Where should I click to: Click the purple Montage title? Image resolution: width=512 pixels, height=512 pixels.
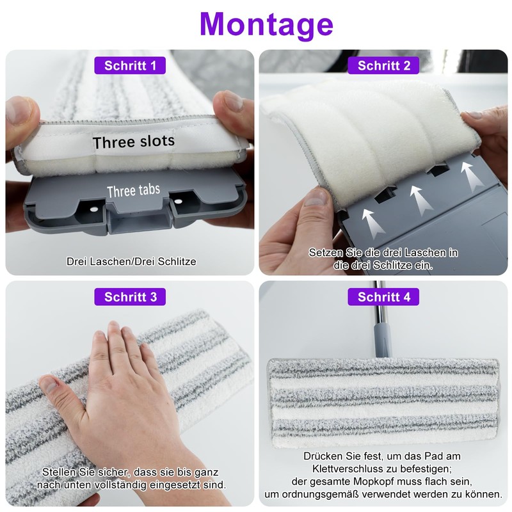[266, 24]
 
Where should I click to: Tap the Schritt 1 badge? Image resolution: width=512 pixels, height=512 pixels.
[131, 65]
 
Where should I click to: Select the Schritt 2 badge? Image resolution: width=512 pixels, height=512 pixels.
[384, 65]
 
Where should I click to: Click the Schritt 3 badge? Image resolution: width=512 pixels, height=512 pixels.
[131, 297]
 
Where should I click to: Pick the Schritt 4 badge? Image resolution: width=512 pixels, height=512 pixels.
[384, 297]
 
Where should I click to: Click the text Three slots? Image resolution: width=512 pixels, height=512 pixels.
[133, 141]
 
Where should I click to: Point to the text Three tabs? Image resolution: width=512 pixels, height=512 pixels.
[133, 191]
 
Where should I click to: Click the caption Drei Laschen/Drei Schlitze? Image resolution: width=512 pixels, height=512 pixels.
[131, 261]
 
